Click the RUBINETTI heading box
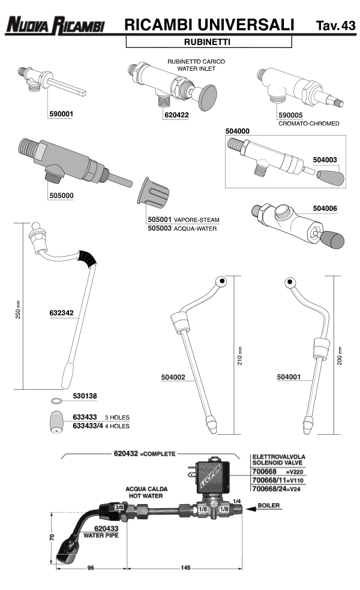pyautogui.click(x=208, y=43)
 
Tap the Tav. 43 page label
pyautogui.click(x=334, y=26)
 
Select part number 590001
pyautogui.click(x=61, y=113)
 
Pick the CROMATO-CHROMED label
pyautogui.click(x=309, y=124)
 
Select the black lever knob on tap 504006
pyautogui.click(x=331, y=240)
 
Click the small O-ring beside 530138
pyautogui.click(x=56, y=400)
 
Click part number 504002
pyautogui.click(x=173, y=377)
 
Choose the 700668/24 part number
pyautogui.click(x=266, y=489)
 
